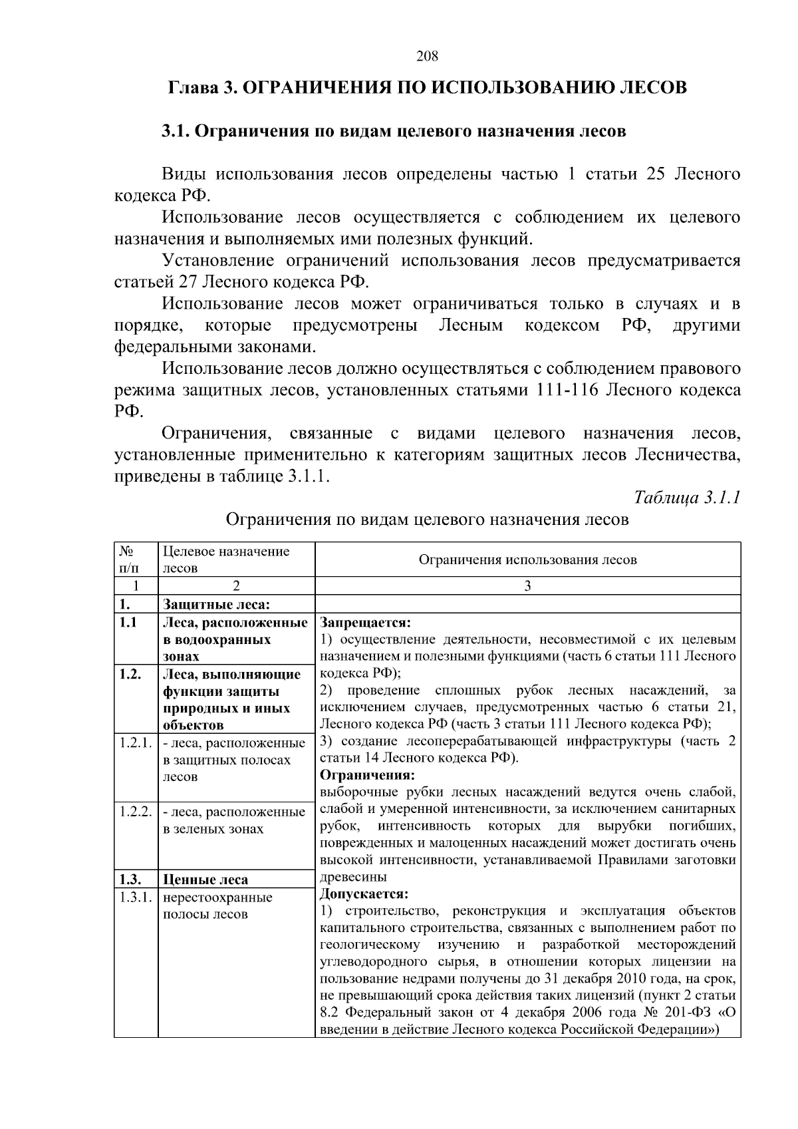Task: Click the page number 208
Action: pyautogui.click(x=428, y=57)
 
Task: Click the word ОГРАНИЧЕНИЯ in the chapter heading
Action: pyautogui.click(x=312, y=88)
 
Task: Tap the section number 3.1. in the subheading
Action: pyautogui.click(x=176, y=131)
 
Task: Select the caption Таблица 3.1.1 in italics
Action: pyautogui.click(x=688, y=498)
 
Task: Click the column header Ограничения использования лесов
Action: pyautogui.click(x=527, y=560)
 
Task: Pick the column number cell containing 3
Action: pyautogui.click(x=527, y=586)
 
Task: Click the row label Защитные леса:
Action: pyautogui.click(x=216, y=605)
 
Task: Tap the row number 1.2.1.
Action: pyautogui.click(x=136, y=742)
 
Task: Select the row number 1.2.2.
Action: pyautogui.click(x=136, y=812)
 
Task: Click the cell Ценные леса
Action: pyautogui.click(x=205, y=880)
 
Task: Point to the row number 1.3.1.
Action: pyautogui.click(x=136, y=897)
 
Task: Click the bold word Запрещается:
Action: pyautogui.click(x=366, y=623)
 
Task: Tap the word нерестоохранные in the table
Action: pyautogui.click(x=217, y=897)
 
